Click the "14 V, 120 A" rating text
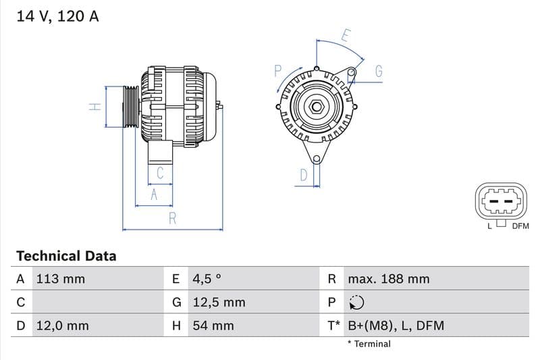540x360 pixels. coord(57,16)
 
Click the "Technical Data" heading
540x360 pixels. coord(66,256)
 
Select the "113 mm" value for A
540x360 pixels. coord(60,279)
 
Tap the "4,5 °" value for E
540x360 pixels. coord(207,279)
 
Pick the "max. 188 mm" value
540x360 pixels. coord(388,279)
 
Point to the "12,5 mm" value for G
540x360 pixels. coord(219,303)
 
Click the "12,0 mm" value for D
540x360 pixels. coord(62,326)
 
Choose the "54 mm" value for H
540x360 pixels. coord(213,326)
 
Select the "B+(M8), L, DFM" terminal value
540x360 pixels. coord(396,326)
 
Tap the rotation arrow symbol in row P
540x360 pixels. coord(357,303)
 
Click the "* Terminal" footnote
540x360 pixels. coord(369,344)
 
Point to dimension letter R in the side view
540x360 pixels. coord(173,218)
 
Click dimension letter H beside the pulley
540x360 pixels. coord(96,106)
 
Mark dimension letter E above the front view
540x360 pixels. coord(346,36)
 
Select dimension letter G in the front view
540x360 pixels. coord(379,71)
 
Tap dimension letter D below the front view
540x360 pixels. coord(304,175)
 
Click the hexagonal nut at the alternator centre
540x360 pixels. coord(316,106)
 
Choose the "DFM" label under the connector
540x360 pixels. coord(520,226)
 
